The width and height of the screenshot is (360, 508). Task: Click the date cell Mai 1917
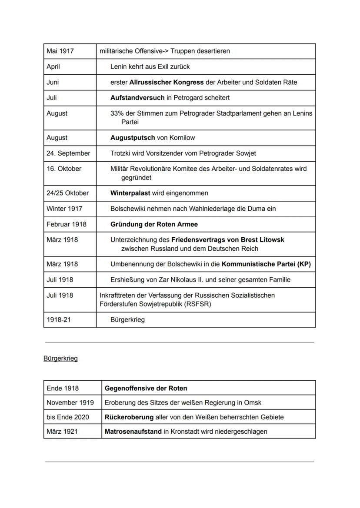point(60,51)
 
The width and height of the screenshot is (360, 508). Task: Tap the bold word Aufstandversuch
point(137,98)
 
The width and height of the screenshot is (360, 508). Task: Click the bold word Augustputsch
point(133,138)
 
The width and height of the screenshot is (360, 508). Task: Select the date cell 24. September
point(68,153)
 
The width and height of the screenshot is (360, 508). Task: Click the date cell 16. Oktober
point(64,169)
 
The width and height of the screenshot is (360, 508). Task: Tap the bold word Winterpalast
point(130,193)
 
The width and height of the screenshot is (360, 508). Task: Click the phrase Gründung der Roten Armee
point(154,224)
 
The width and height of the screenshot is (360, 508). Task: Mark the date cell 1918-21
point(59,320)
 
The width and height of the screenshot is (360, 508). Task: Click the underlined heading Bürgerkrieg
point(60,359)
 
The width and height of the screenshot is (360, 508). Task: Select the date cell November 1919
point(70,402)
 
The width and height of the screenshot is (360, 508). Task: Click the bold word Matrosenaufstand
point(133,432)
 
